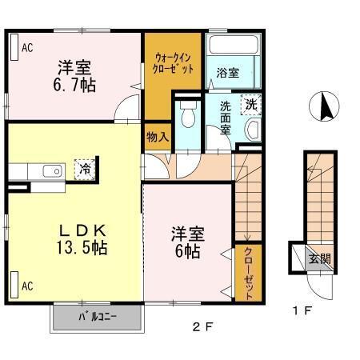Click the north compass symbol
[x=326, y=106]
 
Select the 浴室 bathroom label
[x=227, y=73]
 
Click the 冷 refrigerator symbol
[x=83, y=170]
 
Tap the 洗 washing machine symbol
[x=250, y=103]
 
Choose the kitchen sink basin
[x=52, y=170]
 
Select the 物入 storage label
[x=158, y=137]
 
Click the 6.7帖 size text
[x=76, y=83]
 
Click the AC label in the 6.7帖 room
[x=26, y=48]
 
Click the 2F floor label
[x=203, y=326]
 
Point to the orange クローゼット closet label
[x=247, y=273]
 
